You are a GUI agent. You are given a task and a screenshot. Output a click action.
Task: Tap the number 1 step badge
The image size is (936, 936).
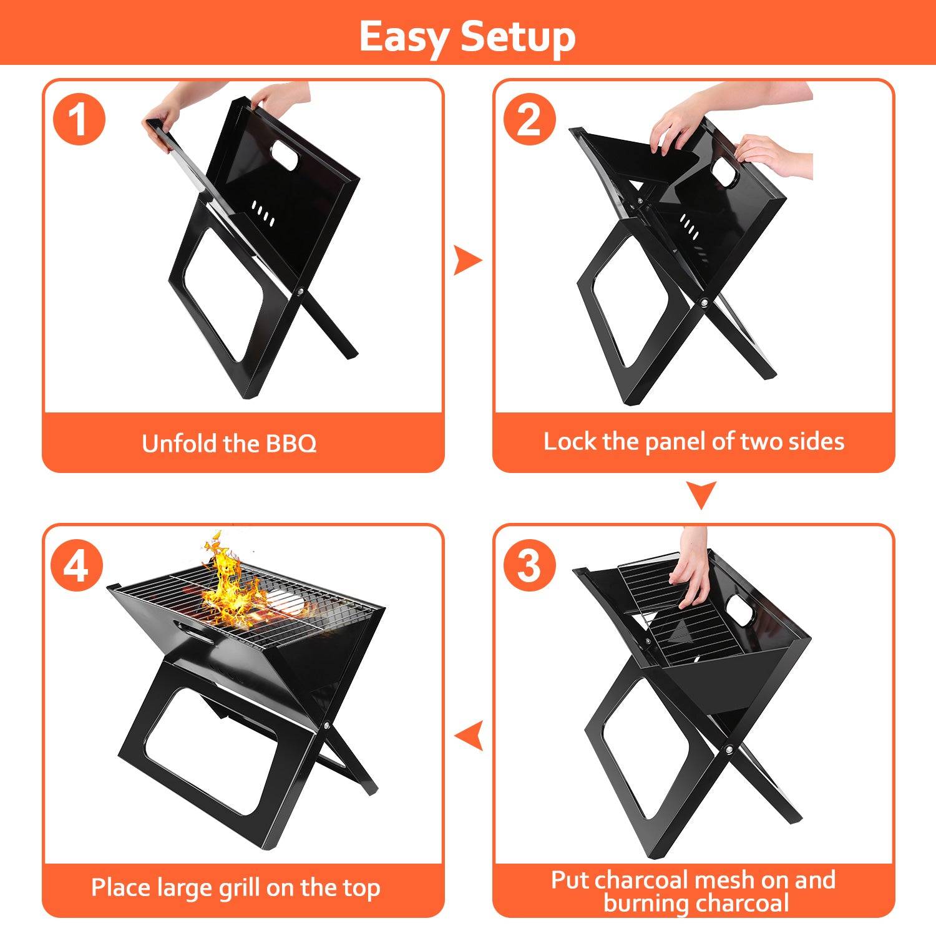click(x=79, y=119)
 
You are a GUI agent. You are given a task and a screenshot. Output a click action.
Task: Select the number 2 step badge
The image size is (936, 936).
click(x=529, y=119)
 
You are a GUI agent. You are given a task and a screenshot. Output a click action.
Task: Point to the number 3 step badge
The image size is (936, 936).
click(x=529, y=565)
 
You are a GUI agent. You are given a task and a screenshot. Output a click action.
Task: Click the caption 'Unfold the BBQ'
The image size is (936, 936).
click(x=229, y=444)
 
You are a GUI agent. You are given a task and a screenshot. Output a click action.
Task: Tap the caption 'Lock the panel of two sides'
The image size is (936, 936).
click(x=693, y=442)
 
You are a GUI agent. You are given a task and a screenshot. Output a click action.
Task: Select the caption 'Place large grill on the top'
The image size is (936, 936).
click(x=235, y=887)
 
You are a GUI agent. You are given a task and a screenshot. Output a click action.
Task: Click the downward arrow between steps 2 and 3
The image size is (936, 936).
click(x=701, y=494)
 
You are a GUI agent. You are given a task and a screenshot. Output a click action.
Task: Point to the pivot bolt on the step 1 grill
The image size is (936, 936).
click(x=301, y=291)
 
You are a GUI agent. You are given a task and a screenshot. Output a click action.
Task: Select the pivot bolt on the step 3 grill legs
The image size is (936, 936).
click(x=729, y=749)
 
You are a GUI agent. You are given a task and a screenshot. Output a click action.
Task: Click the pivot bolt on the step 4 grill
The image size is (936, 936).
click(x=327, y=726)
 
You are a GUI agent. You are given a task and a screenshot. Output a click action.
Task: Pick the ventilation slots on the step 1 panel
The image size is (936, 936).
click(x=263, y=213)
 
